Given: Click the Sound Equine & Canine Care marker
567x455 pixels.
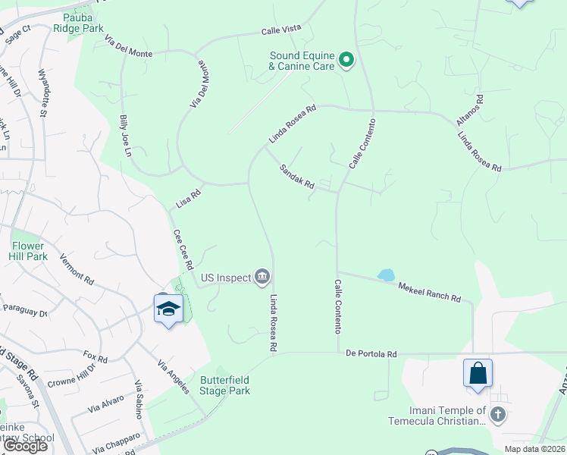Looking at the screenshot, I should point(346,59).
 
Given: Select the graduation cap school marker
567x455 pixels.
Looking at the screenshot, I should point(168,309).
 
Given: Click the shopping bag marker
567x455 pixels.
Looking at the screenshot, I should point(478,374).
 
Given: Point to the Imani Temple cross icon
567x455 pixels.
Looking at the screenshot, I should point(497,414).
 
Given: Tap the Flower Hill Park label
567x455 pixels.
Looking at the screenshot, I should point(30,251).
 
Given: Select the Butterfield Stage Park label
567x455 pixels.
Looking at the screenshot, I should point(224,385).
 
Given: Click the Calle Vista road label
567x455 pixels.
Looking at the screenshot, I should point(281,29).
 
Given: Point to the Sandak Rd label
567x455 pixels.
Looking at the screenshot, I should point(296,177).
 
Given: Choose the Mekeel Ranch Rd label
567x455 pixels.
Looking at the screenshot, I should point(430,291).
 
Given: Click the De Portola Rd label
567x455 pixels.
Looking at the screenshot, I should point(371,354).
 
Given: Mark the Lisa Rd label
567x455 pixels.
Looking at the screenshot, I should point(188,199).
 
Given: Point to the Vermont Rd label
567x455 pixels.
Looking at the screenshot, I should point(77,268).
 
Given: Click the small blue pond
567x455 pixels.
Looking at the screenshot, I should point(386,275).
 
